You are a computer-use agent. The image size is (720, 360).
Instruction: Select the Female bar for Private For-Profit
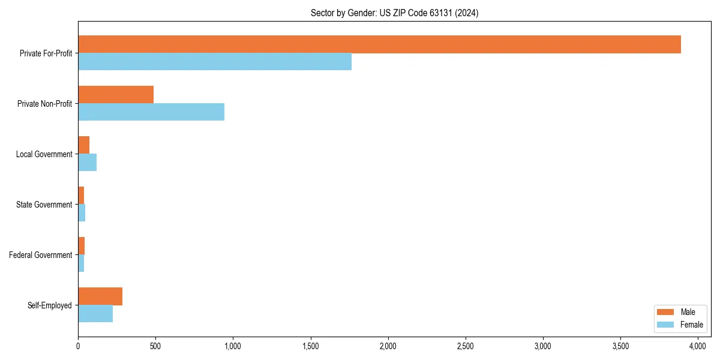pyautogui.click(x=215, y=62)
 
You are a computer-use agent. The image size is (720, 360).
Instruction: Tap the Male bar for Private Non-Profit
pyautogui.click(x=116, y=95)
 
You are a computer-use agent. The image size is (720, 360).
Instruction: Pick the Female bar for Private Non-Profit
pyautogui.click(x=151, y=112)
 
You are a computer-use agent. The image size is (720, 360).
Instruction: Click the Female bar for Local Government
pyautogui.click(x=87, y=163)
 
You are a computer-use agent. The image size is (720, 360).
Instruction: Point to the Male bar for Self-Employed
pyautogui.click(x=100, y=296)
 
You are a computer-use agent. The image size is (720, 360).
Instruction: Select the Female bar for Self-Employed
pyautogui.click(x=95, y=314)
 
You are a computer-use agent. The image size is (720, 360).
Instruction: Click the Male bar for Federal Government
pyautogui.click(x=82, y=246)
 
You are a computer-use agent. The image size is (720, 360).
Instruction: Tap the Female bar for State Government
pyautogui.click(x=82, y=213)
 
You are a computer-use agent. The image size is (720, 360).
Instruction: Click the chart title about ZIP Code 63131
pyautogui.click(x=394, y=13)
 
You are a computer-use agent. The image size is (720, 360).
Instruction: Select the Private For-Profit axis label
pyautogui.click(x=46, y=53)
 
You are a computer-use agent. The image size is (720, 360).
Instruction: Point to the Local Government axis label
pyautogui.click(x=44, y=154)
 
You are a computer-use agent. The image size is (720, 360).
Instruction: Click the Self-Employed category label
pyautogui.click(x=50, y=305)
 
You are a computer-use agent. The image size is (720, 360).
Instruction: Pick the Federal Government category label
pyautogui.click(x=41, y=255)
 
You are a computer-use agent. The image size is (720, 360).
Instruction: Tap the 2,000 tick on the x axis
pyautogui.click(x=388, y=346)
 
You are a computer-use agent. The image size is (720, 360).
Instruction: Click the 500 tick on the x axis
pyautogui.click(x=155, y=346)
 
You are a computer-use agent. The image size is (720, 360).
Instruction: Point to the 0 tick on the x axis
pyautogui.click(x=78, y=346)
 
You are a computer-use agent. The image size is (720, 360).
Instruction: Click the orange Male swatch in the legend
pyautogui.click(x=666, y=312)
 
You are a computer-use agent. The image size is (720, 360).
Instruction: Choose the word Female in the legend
pyautogui.click(x=691, y=325)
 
